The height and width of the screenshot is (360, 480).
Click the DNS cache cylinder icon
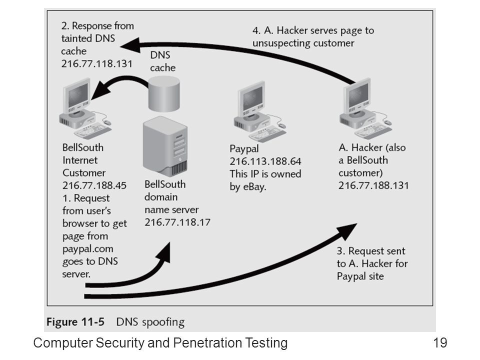[x=164, y=93]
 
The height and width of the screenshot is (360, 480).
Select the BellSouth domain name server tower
[x=165, y=146]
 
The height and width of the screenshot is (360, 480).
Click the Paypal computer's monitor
[x=252, y=98]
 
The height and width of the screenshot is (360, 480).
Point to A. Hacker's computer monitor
[x=357, y=95]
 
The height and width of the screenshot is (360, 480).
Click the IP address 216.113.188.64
[x=265, y=161]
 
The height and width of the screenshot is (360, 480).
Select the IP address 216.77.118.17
[x=177, y=222]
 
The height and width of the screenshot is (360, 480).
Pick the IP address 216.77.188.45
[x=94, y=185]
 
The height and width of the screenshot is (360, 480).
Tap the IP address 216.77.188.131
[x=373, y=185]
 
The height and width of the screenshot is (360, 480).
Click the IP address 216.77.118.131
[x=96, y=63]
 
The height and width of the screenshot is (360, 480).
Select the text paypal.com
[x=88, y=249]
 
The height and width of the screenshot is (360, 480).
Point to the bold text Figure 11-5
[x=75, y=321]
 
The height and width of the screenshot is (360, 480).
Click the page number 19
[x=440, y=342]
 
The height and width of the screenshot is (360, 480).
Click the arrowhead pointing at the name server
[x=164, y=253]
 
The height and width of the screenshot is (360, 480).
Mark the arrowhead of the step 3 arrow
[x=346, y=231]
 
